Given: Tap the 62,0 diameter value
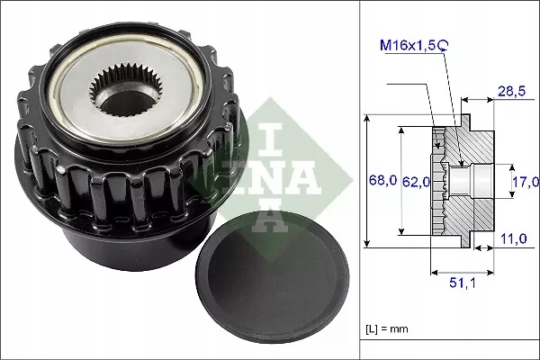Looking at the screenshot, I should (x=417, y=182).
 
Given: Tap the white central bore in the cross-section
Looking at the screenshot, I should (x=468, y=181).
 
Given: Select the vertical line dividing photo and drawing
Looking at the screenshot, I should (x=360, y=180).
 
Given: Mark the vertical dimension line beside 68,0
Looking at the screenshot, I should (x=367, y=180).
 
